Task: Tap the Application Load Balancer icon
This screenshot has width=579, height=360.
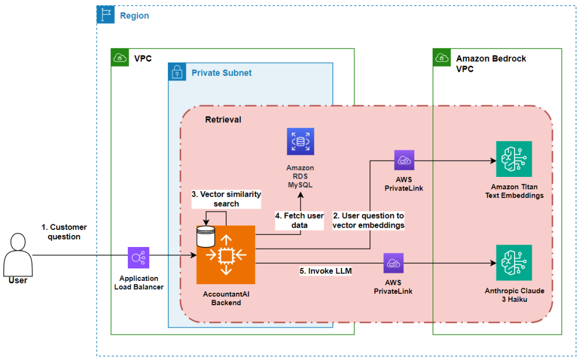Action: pos(139,258)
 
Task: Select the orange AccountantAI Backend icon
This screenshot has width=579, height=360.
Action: pos(226,255)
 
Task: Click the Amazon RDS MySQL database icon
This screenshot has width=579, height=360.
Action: pos(300,142)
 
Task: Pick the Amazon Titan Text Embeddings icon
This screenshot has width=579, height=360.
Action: pos(513,159)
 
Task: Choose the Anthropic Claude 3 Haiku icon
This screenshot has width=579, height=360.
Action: pos(513,263)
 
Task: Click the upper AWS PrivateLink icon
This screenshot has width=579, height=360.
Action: pos(404,161)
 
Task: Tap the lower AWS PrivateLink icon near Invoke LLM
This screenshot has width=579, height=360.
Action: pos(393,263)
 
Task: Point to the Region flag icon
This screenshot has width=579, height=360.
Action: pos(106,15)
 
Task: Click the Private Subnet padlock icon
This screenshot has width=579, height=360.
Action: pos(178,72)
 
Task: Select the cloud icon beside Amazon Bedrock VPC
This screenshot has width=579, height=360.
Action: pos(442,58)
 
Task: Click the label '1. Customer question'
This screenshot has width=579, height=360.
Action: pos(64,232)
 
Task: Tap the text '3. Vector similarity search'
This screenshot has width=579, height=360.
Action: pos(226,198)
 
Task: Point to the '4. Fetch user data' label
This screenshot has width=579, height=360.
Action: pos(300,220)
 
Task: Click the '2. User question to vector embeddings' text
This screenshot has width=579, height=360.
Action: pos(368,220)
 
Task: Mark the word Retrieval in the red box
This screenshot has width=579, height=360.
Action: pos(223,120)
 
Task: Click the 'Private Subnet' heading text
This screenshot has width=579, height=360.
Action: pos(221,73)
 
